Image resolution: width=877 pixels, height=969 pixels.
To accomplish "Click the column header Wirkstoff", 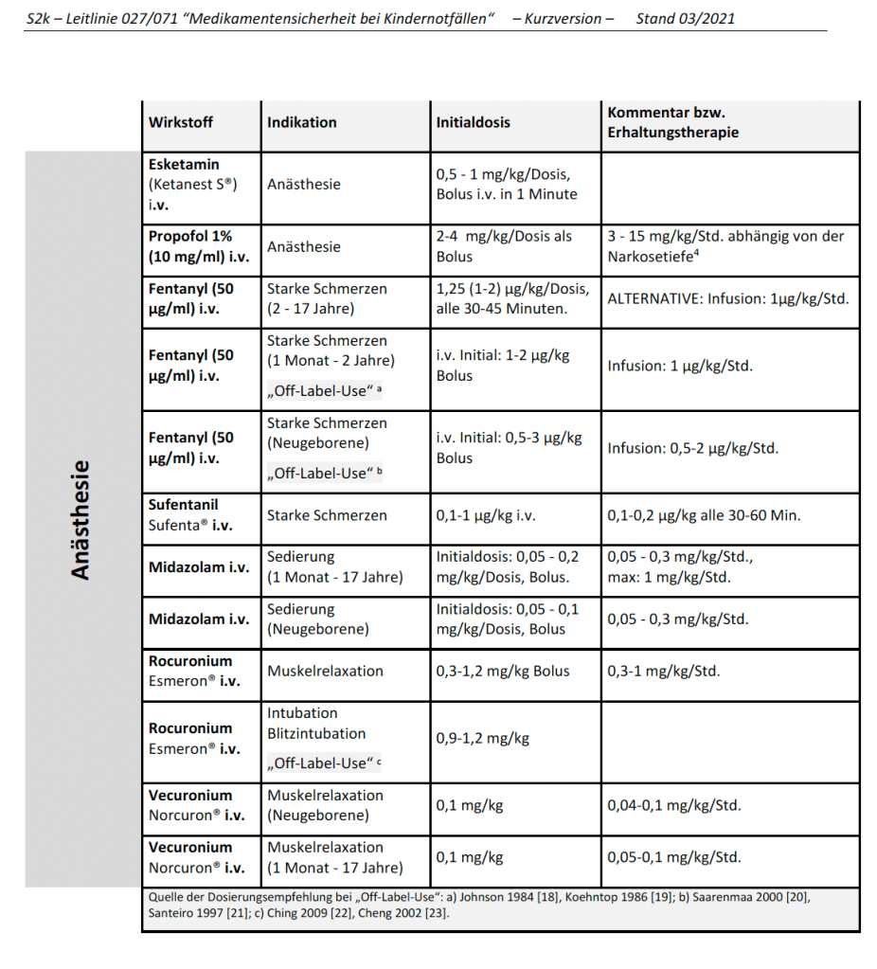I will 181,122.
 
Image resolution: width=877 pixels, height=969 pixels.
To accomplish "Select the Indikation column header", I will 301,122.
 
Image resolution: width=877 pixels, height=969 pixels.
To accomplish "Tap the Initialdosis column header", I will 473,122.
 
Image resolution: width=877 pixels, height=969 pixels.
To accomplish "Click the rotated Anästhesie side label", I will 81,519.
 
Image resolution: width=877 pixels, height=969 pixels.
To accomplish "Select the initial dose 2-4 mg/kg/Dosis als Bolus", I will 504,246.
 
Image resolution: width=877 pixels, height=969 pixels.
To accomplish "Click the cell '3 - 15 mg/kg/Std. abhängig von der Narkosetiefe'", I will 725,246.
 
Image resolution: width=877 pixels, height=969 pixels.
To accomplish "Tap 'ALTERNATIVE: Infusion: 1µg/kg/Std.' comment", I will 727,298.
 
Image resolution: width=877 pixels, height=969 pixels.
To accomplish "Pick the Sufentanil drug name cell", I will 189,515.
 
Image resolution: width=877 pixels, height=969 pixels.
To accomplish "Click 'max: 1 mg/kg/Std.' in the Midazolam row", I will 669,577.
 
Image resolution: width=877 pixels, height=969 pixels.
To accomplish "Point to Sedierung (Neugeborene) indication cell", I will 317,619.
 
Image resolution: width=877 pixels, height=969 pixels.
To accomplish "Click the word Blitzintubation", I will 315,733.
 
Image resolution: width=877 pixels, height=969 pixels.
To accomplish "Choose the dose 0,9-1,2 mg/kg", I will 482,738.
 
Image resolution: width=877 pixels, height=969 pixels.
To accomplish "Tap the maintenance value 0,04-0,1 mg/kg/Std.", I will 673,805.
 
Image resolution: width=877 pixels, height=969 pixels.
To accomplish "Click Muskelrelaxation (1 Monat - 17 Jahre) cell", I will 334,857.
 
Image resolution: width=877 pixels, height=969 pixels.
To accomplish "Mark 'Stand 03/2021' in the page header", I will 685,18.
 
